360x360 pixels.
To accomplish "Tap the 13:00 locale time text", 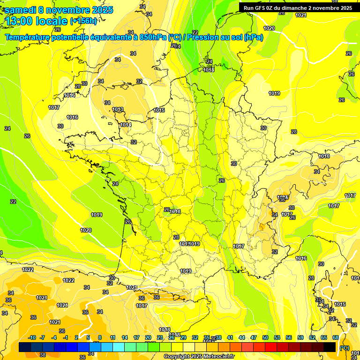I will [x=36, y=22].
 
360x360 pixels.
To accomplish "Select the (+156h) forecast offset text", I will [x=83, y=21].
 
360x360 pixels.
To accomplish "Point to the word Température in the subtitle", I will [x=29, y=37].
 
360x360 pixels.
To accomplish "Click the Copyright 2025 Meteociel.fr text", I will [x=199, y=356].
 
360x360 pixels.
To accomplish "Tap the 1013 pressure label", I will [x=118, y=110].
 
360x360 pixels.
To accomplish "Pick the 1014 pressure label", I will [x=125, y=125].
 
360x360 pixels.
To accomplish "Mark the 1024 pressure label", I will [x=62, y=305].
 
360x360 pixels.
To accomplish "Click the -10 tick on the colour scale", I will [x=32, y=337].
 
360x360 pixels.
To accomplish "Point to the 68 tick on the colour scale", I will [x=336, y=337].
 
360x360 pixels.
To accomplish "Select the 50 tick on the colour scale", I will [x=265, y=337].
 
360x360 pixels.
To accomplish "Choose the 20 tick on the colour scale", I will [x=148, y=337].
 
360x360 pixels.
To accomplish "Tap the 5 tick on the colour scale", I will [x=88, y=337].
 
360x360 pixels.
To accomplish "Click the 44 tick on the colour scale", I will [x=242, y=337].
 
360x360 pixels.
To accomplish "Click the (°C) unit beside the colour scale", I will [x=345, y=347].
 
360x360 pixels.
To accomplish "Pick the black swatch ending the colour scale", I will [x=330, y=347].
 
